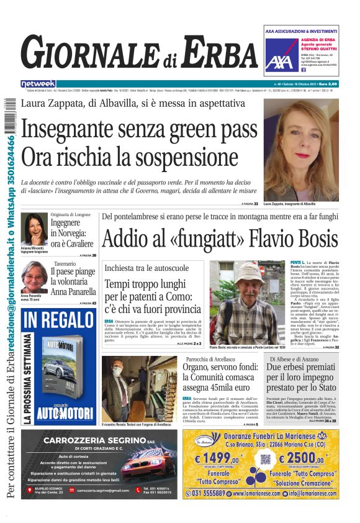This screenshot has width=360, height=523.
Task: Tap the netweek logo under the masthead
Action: point(38,83)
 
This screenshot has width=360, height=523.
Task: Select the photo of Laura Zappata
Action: point(301,149)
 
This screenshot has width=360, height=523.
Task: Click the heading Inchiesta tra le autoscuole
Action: point(146,268)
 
